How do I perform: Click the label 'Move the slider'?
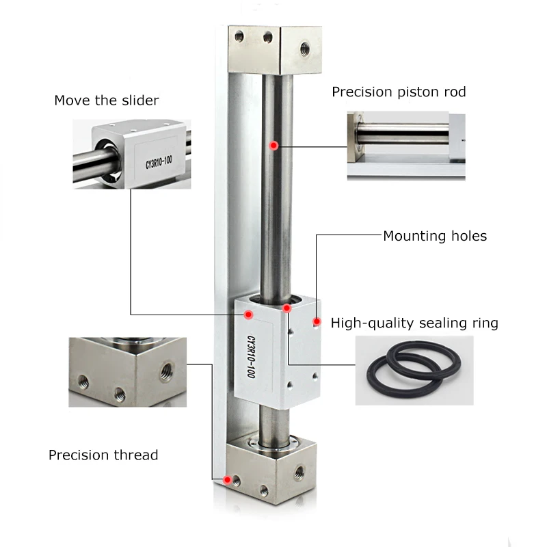106,101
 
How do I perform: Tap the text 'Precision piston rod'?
399,92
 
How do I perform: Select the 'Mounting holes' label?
434,236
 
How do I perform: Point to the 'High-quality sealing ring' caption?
414,323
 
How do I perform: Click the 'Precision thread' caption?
103,455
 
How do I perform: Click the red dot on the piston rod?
273,145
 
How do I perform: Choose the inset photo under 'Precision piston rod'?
406,146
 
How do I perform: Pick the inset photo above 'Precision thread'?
128,371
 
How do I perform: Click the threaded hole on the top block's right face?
304,47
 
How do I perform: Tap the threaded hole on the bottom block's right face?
298,472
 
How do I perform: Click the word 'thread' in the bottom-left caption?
137,455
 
